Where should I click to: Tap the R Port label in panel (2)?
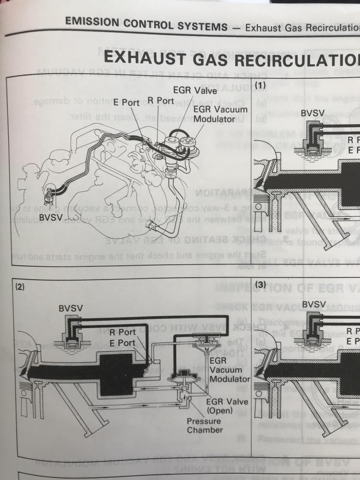[122, 332]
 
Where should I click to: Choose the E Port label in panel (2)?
[122, 342]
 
